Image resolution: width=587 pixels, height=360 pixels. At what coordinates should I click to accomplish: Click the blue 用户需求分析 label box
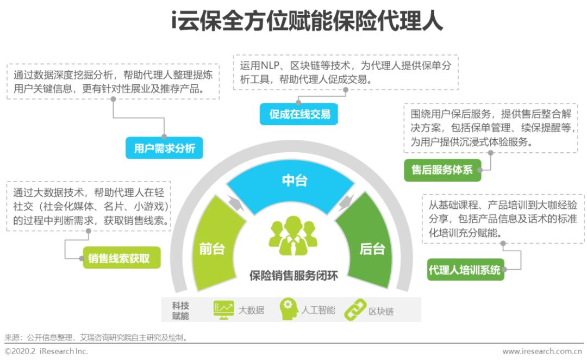click(164, 147)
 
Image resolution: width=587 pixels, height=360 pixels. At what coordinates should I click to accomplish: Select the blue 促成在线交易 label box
click(300, 114)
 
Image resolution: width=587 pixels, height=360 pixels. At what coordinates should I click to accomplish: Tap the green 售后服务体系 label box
click(442, 170)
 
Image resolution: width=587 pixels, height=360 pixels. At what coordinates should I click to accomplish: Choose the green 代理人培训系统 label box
click(465, 269)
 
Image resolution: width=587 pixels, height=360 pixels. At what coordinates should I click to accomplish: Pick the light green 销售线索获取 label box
click(121, 258)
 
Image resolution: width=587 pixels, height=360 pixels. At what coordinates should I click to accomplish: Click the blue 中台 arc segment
click(294, 181)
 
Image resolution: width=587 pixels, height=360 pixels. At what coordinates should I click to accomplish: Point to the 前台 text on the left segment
click(211, 249)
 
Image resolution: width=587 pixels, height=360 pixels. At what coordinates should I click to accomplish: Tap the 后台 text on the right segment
click(372, 249)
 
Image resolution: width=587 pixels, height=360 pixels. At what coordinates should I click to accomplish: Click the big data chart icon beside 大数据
click(223, 309)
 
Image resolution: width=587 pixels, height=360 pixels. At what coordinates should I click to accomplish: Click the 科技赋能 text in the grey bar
click(181, 310)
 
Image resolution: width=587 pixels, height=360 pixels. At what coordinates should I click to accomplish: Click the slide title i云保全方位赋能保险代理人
click(293, 22)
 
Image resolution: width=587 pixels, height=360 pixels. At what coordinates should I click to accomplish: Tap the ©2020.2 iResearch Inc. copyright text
click(47, 351)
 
